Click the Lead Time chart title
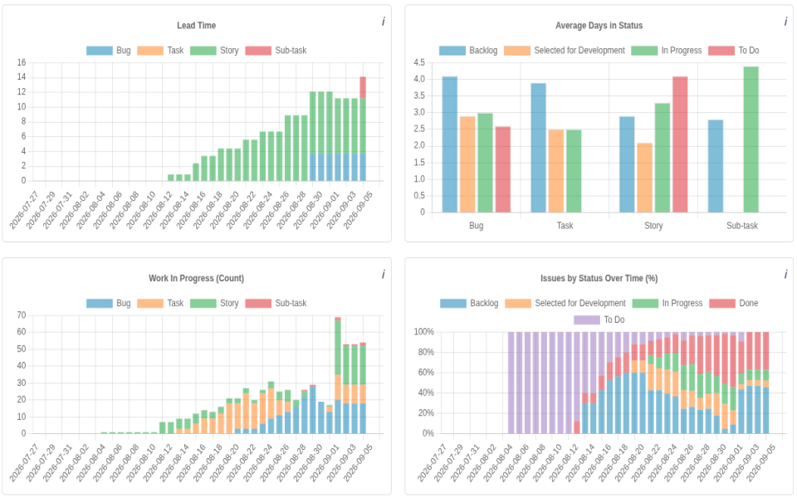(x=196, y=26)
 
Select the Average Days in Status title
(x=599, y=26)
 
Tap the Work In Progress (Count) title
(x=196, y=279)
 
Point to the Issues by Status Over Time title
(x=599, y=279)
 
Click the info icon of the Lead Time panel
(x=384, y=22)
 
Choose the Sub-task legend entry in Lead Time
(x=276, y=51)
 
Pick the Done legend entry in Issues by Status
(x=734, y=304)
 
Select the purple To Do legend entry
(x=599, y=320)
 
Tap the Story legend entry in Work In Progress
(x=214, y=304)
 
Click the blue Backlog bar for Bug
(x=450, y=144)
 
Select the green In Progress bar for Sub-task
(x=751, y=139)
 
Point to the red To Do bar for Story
(x=680, y=144)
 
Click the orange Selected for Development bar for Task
(x=556, y=171)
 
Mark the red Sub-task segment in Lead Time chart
(x=363, y=87)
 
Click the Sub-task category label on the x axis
(x=742, y=226)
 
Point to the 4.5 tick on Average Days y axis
(x=419, y=62)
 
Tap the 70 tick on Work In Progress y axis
(x=22, y=315)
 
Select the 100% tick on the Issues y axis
(x=424, y=332)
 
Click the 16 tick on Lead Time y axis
(x=22, y=62)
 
